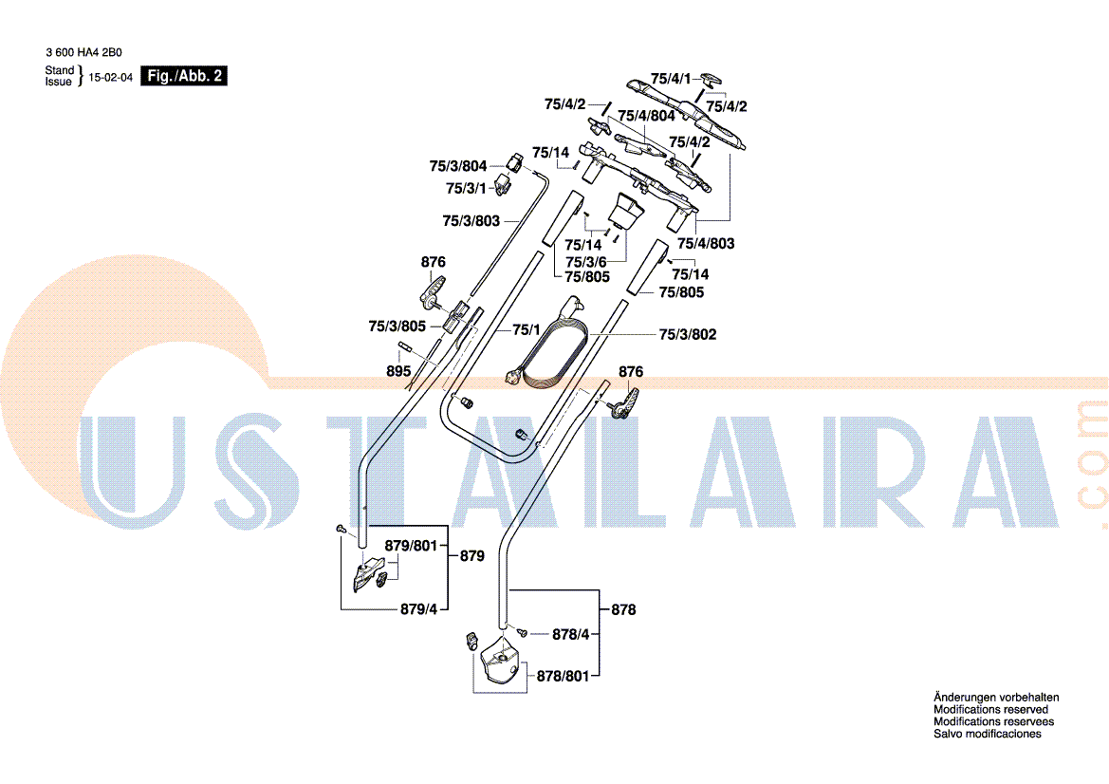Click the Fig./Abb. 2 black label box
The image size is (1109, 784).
click(x=184, y=76)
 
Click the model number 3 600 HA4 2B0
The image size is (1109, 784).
click(x=84, y=52)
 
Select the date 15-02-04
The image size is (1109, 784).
click(x=110, y=77)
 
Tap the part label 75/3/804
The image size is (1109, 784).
click(x=457, y=166)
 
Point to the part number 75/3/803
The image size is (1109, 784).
click(x=471, y=221)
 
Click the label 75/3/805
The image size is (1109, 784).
click(x=397, y=327)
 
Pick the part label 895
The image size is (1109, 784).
click(x=398, y=371)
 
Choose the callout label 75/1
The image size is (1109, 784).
click(x=527, y=329)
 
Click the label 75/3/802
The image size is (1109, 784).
click(x=688, y=334)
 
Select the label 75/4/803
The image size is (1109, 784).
click(x=706, y=243)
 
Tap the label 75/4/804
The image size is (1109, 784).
click(x=646, y=116)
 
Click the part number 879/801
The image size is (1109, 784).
click(x=411, y=547)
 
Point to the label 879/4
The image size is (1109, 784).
click(x=418, y=609)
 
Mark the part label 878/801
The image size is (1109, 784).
click(x=563, y=677)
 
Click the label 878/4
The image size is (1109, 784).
click(x=571, y=635)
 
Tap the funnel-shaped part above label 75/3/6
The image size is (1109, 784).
click(x=625, y=211)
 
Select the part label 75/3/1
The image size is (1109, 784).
click(x=466, y=189)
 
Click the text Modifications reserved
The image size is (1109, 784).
click(x=990, y=710)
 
